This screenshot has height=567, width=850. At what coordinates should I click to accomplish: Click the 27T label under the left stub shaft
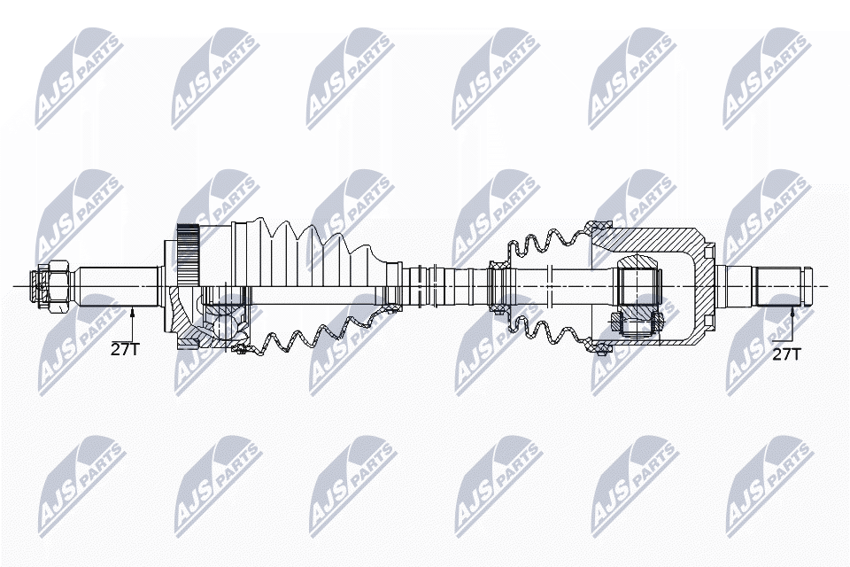click(125, 349)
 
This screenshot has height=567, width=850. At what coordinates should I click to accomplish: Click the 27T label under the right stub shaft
click(786, 354)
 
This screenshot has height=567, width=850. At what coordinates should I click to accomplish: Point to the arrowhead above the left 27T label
click(132, 309)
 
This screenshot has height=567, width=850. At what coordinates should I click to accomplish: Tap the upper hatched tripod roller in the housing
click(637, 265)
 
